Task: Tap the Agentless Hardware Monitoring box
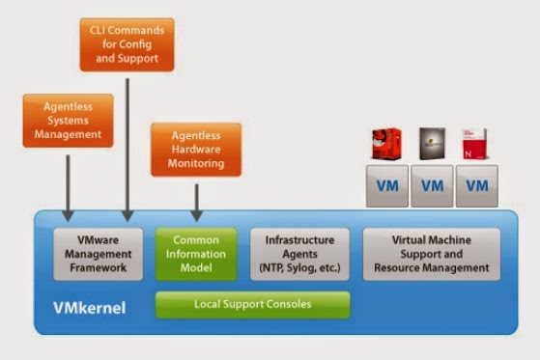pyautogui.click(x=196, y=150)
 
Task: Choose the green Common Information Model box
pyautogui.click(x=196, y=253)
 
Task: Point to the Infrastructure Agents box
pyautogui.click(x=298, y=253)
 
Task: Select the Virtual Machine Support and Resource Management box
pyautogui.click(x=432, y=253)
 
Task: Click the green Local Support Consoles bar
pyautogui.click(x=253, y=305)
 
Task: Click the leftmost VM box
pyautogui.click(x=386, y=184)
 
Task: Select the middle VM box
pyautogui.click(x=432, y=184)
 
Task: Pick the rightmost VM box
pyautogui.click(x=477, y=184)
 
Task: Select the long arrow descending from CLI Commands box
pyautogui.click(x=129, y=145)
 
